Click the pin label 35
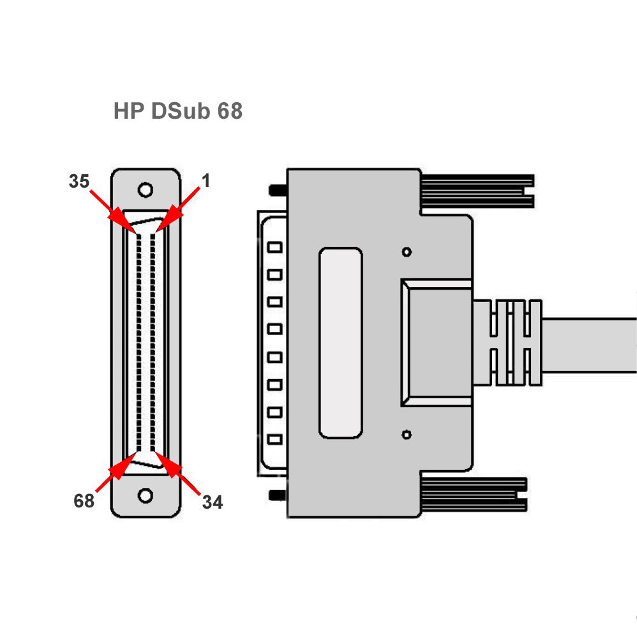(79, 181)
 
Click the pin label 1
(206, 181)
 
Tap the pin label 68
(84, 501)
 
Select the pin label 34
(213, 502)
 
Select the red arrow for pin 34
(174, 473)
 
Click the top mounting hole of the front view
(146, 190)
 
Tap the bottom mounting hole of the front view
(146, 495)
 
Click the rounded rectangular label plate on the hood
(340, 343)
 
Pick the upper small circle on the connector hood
(406, 251)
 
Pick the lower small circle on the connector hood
(406, 435)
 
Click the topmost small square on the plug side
(275, 247)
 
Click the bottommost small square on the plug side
(275, 440)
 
